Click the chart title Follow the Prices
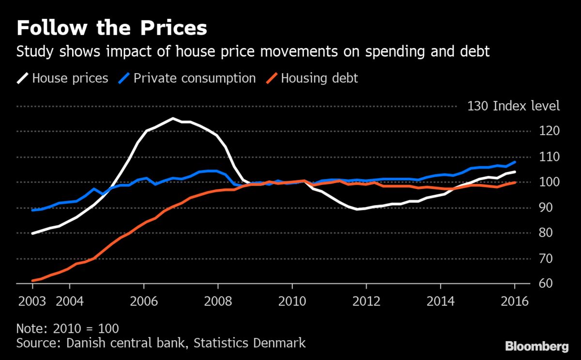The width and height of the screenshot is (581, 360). click(112, 29)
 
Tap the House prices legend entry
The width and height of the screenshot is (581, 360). click(70, 78)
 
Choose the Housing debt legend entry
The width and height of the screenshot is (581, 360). click(319, 78)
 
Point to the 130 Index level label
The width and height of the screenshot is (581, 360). click(513, 106)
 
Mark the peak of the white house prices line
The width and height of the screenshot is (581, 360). click(173, 118)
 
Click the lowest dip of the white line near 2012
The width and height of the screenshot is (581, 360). click(357, 209)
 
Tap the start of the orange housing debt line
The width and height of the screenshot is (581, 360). click(32, 281)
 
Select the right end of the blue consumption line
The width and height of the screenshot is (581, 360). click(515, 162)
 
